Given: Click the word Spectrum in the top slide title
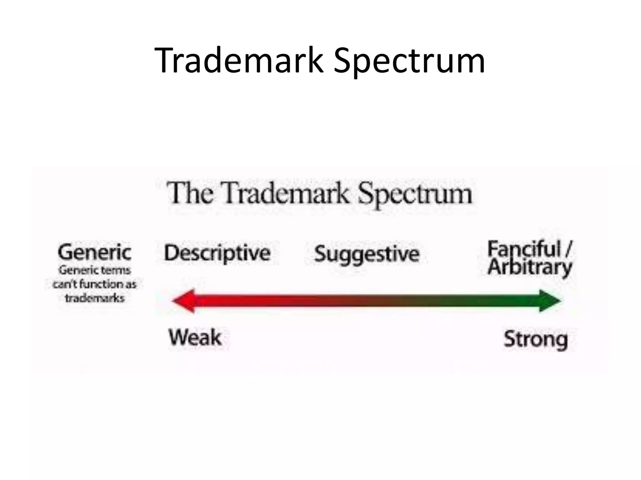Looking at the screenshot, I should point(409,60).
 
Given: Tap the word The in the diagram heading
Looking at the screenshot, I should point(190,193).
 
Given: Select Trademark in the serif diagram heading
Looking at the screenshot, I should point(286,193).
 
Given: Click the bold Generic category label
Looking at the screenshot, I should point(95,252).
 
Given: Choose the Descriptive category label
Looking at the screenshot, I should point(217,253).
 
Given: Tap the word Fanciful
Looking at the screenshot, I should point(524,249).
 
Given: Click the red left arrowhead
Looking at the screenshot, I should point(185,301).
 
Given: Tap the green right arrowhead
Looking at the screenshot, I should point(549,301).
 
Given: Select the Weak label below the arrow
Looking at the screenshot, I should point(195,338).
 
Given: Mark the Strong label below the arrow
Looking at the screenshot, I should point(536,339).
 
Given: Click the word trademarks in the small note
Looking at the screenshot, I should point(95,298).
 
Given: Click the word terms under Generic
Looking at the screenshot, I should point(117,270).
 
